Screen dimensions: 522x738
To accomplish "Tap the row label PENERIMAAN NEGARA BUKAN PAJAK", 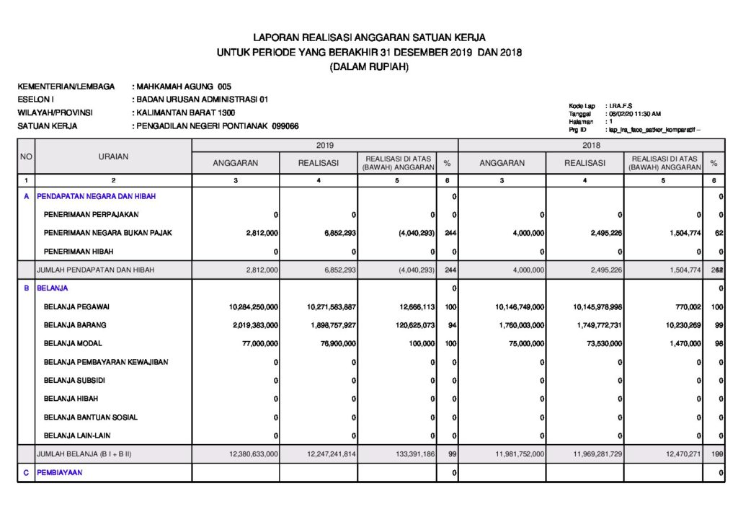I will click(x=107, y=233).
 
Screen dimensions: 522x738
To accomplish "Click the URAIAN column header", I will click(x=113, y=156).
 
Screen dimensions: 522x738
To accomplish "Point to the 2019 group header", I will click(x=324, y=146).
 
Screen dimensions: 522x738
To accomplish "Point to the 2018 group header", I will click(x=591, y=146).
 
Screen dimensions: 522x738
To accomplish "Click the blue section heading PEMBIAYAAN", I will click(x=60, y=472).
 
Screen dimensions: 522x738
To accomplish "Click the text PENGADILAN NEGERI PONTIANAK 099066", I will click(x=217, y=126).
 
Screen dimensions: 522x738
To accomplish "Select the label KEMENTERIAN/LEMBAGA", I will click(x=66, y=87).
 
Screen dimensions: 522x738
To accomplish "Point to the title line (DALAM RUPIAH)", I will click(x=369, y=67).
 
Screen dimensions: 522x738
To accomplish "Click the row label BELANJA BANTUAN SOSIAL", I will click(x=91, y=417).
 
